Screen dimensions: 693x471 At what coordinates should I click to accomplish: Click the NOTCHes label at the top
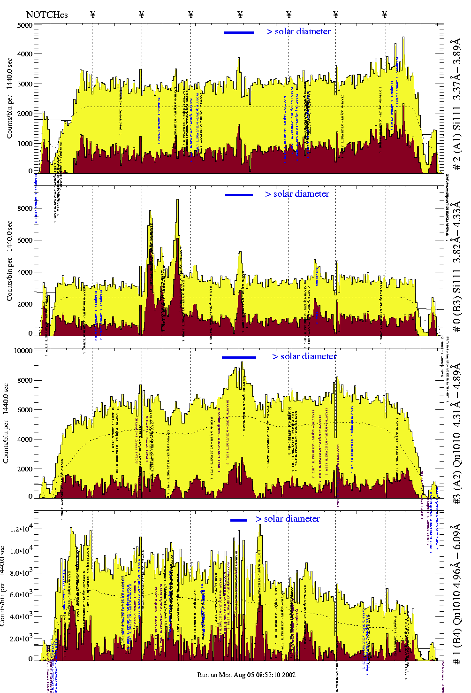47,15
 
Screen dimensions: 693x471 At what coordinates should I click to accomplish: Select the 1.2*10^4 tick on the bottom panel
21,529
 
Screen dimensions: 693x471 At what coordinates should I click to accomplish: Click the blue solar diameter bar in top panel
239,32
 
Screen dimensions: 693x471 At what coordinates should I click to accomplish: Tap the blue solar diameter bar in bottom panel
239,520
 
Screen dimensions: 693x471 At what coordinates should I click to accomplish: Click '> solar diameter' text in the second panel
297,194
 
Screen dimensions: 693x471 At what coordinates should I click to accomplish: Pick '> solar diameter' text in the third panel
304,356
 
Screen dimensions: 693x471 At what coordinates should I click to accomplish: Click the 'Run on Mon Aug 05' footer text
246,675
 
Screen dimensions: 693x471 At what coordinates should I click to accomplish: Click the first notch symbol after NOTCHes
92,15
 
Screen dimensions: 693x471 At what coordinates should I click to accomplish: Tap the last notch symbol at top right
385,15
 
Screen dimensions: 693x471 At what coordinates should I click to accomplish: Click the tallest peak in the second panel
177,200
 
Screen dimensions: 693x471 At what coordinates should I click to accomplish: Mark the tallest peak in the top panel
403,38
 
